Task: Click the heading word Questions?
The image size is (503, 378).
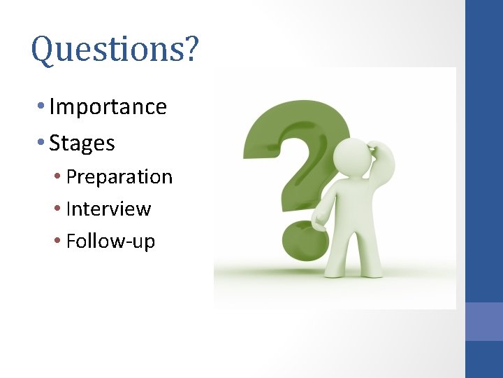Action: pyautogui.click(x=115, y=50)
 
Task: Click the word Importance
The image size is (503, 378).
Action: pyautogui.click(x=108, y=107)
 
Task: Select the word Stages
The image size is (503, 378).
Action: pyautogui.click(x=82, y=143)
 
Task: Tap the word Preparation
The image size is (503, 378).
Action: pyautogui.click(x=119, y=177)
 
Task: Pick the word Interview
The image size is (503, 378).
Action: pyautogui.click(x=108, y=209)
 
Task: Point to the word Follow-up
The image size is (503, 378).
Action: pyautogui.click(x=110, y=241)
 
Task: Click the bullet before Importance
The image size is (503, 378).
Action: pyautogui.click(x=42, y=107)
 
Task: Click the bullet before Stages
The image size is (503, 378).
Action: pyautogui.click(x=42, y=143)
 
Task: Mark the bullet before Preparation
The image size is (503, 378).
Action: pyautogui.click(x=58, y=177)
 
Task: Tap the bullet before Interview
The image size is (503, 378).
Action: pyautogui.click(x=58, y=209)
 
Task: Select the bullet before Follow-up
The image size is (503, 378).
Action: pyautogui.click(x=58, y=241)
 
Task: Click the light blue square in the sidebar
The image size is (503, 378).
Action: pyautogui.click(x=483, y=321)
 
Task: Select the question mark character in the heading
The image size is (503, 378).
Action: pyautogui.click(x=190, y=50)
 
